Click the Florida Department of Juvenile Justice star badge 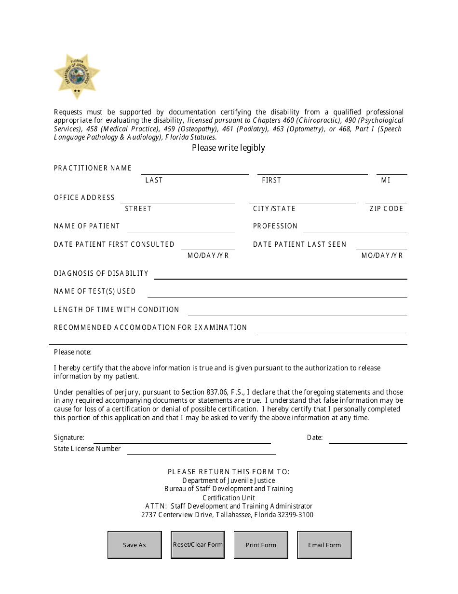coord(77,76)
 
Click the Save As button coord(135,545)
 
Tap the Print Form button coord(261,545)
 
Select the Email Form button coord(324,545)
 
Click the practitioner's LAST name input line coord(194,170)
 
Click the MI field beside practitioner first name coord(391,170)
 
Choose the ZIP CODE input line coord(386,198)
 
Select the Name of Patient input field coord(181,227)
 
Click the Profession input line coord(355,227)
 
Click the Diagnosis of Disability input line coord(281,274)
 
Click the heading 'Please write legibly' coord(229,148)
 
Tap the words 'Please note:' coord(73,352)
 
